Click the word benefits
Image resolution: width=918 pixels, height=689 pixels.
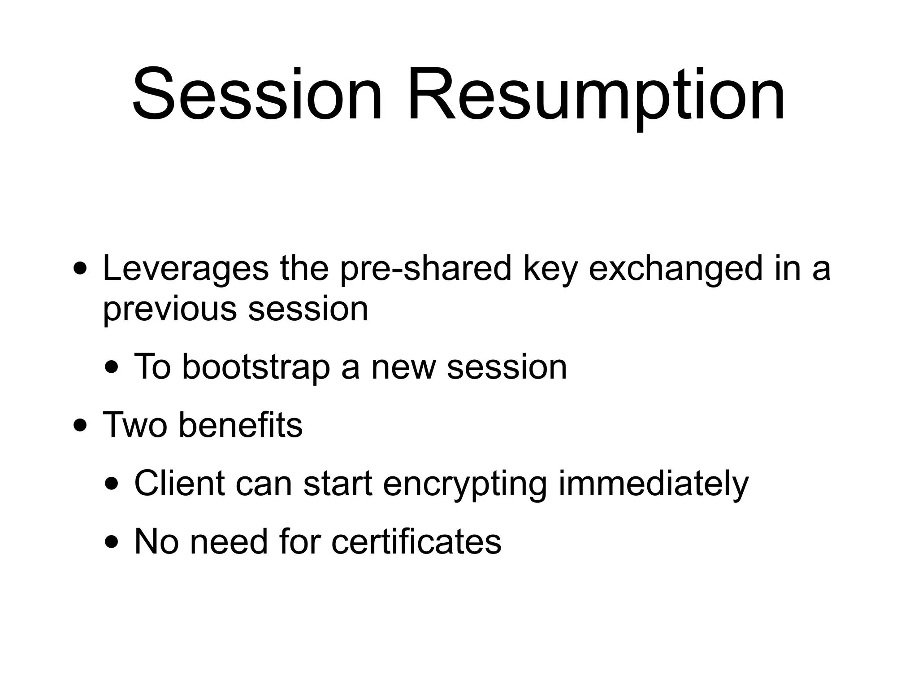tap(241, 425)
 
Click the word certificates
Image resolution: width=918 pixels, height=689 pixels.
tap(416, 542)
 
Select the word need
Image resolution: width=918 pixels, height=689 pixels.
tap(229, 542)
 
